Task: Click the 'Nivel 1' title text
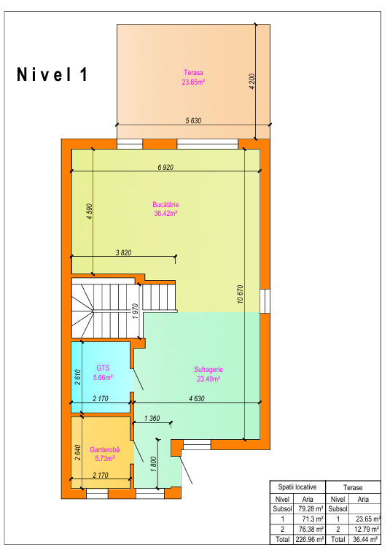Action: point(52,74)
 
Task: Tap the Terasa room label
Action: point(193,73)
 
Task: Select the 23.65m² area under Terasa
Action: point(193,82)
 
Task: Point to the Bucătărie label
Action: point(165,204)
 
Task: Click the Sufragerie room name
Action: point(208,369)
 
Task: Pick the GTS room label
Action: point(103,368)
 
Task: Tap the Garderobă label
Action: point(105,449)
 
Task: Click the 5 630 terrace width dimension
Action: point(193,120)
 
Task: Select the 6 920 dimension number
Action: point(165,167)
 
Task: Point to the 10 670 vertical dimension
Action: point(241,294)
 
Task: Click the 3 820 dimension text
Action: point(123,252)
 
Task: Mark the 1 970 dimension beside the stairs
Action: point(136,311)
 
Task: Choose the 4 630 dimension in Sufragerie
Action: point(197,398)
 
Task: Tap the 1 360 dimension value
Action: point(152,418)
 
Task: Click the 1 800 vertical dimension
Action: point(154,464)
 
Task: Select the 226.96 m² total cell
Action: point(310,539)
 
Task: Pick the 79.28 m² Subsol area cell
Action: point(311,508)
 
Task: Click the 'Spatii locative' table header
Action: point(297,487)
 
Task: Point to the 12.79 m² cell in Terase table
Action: point(367,529)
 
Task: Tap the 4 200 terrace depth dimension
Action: point(253,82)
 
